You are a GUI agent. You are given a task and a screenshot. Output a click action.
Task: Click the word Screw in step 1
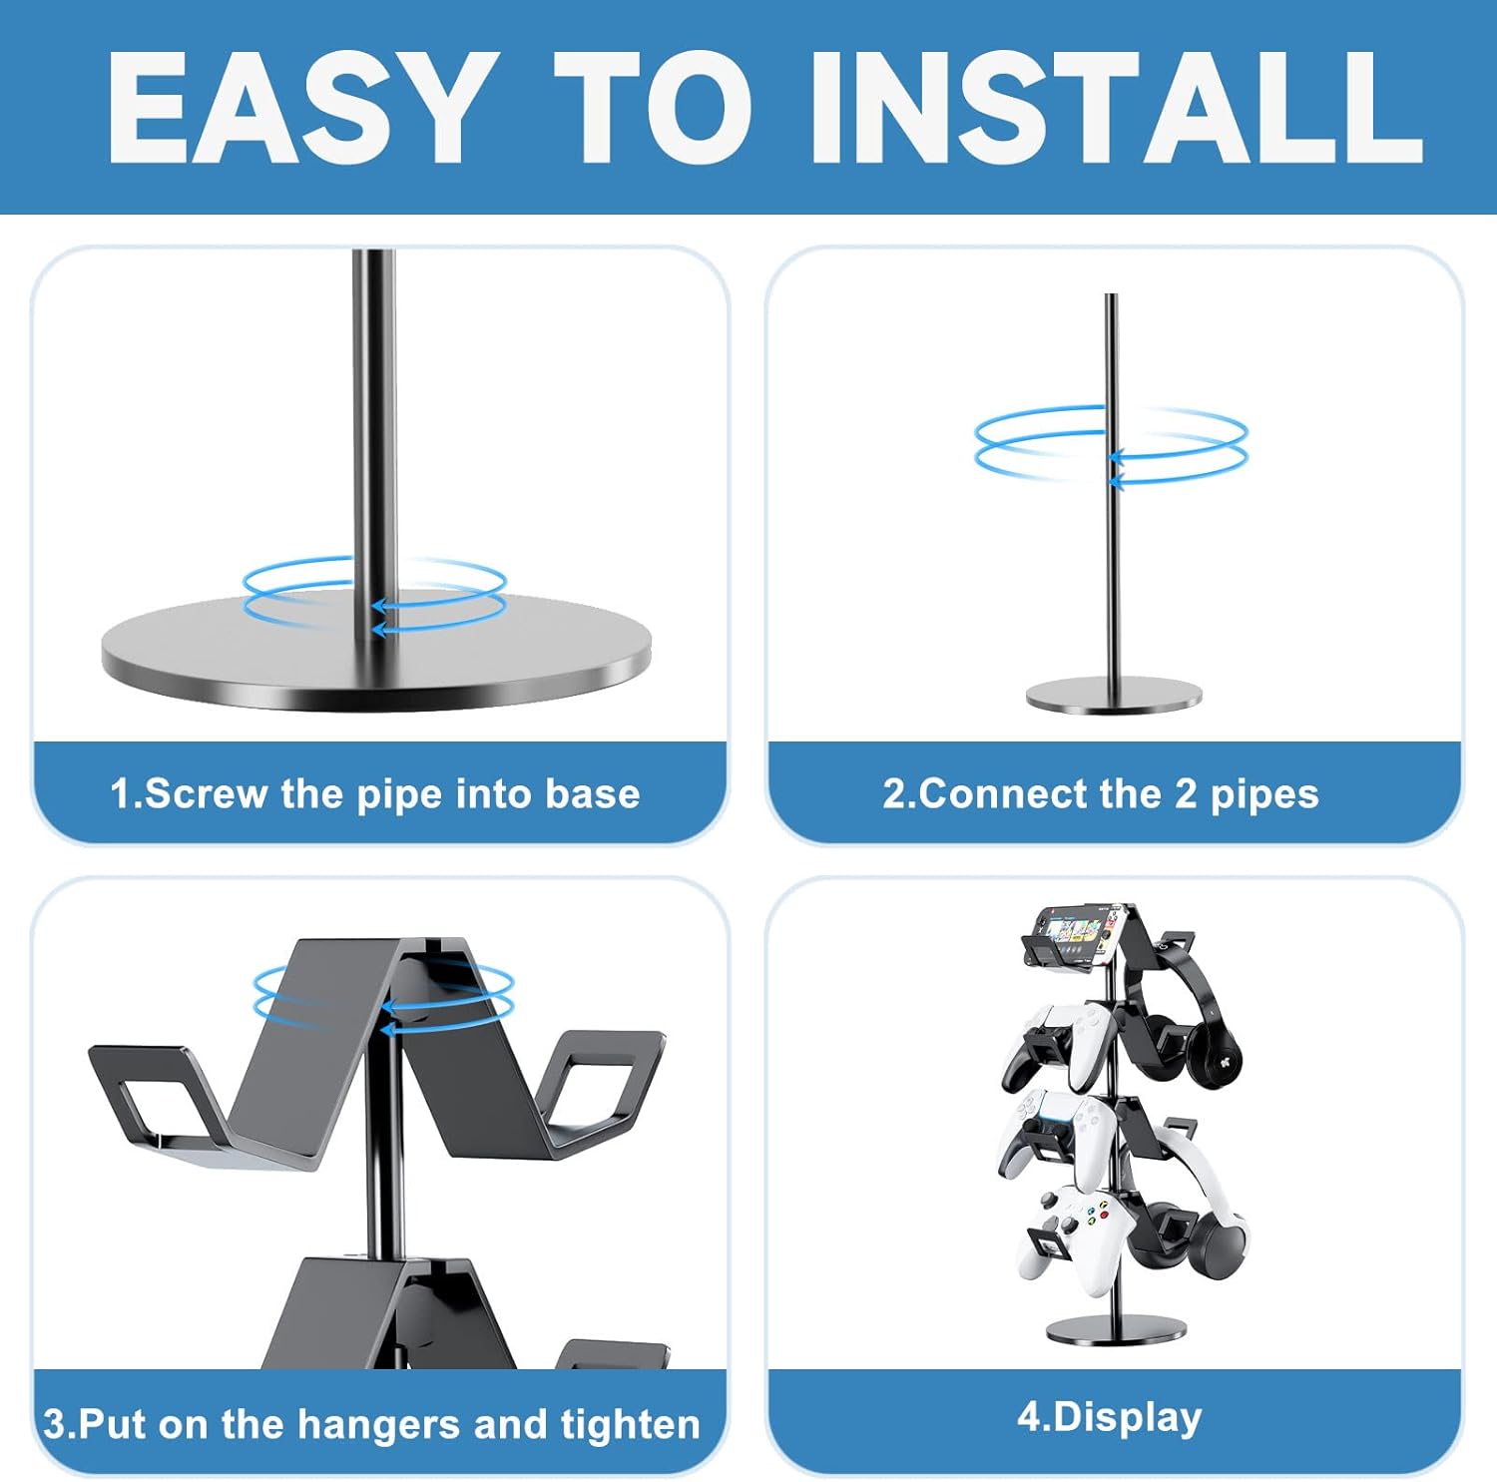(x=208, y=794)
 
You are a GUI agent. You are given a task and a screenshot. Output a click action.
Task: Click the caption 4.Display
(x=1110, y=1418)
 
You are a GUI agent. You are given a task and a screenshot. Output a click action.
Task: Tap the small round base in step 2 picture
(x=1114, y=695)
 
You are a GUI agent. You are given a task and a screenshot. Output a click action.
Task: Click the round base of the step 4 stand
(x=1115, y=1330)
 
